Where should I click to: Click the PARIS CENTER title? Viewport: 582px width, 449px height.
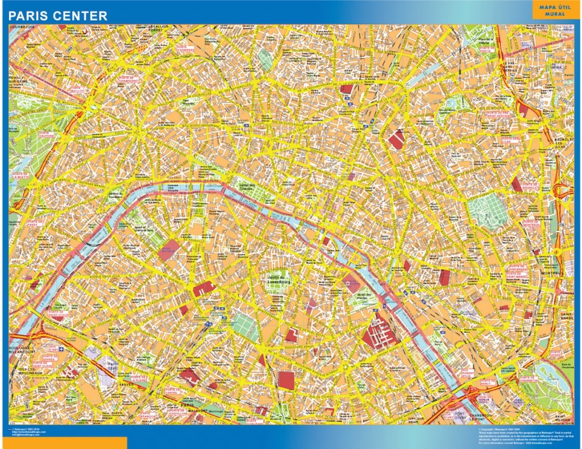point(57,16)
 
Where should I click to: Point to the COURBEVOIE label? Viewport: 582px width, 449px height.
point(22,26)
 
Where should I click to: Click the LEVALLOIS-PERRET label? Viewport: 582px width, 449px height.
point(159,28)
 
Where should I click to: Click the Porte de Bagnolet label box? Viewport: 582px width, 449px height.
point(530,186)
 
